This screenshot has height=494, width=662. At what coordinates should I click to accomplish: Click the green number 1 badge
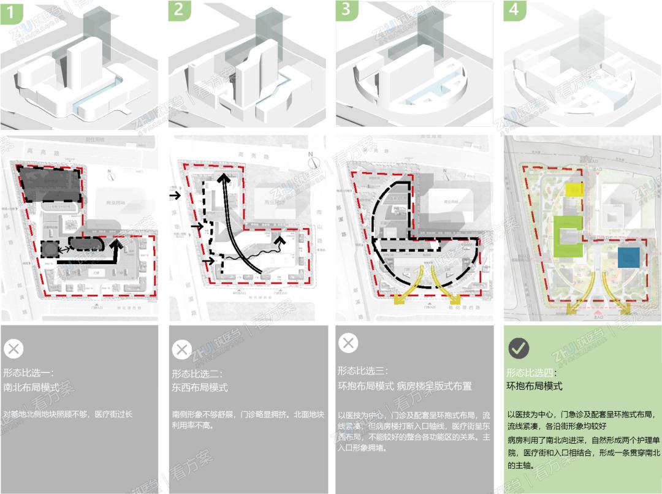[x=12, y=11]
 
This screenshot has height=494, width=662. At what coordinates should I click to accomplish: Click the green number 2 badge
[x=180, y=11]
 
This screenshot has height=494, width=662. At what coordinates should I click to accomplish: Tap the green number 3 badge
[x=348, y=11]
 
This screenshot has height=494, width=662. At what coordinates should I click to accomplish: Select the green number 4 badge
[x=515, y=11]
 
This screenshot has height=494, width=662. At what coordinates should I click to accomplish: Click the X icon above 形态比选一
[x=13, y=349]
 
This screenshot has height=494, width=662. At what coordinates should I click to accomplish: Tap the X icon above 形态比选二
[x=181, y=349]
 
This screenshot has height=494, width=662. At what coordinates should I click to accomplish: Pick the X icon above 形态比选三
[x=348, y=343]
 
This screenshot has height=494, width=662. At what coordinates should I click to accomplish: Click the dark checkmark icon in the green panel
[x=519, y=348]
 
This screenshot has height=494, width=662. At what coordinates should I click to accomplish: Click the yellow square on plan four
[x=574, y=190]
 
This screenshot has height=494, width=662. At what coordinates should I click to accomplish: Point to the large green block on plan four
[x=569, y=236]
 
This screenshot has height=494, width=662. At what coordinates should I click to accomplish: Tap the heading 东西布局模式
[x=200, y=387]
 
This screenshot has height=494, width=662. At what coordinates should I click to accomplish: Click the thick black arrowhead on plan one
[x=117, y=246]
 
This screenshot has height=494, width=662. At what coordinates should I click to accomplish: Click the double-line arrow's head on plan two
[x=226, y=178]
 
